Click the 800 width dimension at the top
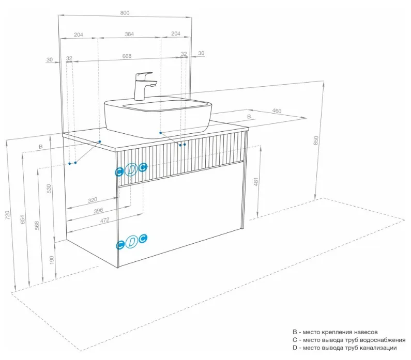point(125,13)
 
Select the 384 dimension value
point(129,34)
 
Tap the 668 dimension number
point(127,56)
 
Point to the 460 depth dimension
point(277,111)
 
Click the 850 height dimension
point(316,140)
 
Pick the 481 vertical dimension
point(256,181)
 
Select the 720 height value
point(8,215)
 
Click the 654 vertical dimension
point(23,219)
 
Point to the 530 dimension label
point(49,189)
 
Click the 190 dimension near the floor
point(52,260)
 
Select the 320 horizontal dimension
point(93,200)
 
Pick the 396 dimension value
point(98,211)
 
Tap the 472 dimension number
point(104,220)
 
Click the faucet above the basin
point(144,86)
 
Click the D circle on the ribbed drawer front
point(131,169)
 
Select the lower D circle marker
point(132,242)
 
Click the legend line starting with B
point(335,332)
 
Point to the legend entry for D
point(344,348)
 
